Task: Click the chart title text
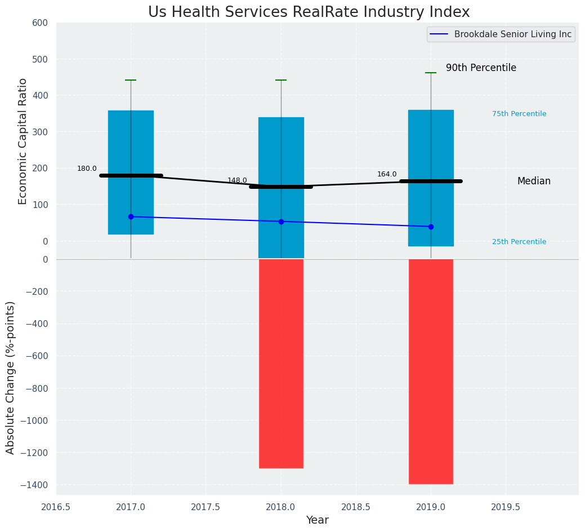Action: tap(309, 12)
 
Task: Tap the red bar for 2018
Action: tap(281, 364)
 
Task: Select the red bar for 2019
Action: tap(431, 371)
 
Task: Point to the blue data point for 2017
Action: tap(131, 216)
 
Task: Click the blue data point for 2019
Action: tap(431, 227)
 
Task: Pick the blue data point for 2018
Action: tap(281, 222)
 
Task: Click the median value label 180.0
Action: tap(87, 169)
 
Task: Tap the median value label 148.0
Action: tap(237, 180)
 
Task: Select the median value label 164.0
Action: tap(387, 174)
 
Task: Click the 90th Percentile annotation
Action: tap(481, 68)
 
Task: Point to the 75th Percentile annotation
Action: tap(519, 114)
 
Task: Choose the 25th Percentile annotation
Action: tap(519, 242)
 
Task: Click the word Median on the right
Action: tap(534, 182)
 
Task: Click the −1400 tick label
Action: tap(34, 485)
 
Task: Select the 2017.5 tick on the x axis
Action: tap(206, 507)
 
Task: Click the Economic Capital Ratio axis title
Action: tap(23, 141)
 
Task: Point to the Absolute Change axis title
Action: tap(11, 377)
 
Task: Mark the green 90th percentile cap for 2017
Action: tap(131, 80)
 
